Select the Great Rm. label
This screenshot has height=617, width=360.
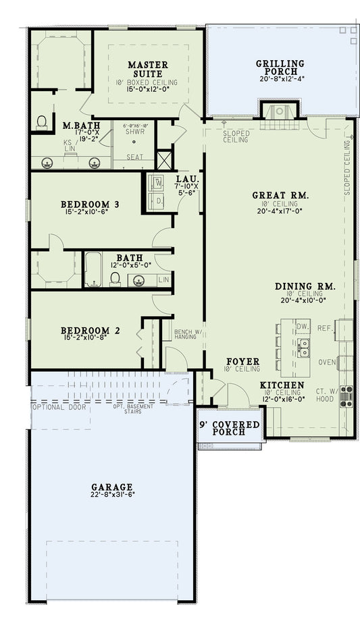280,195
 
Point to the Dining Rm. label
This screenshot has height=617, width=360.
305,286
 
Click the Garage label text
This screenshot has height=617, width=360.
112,487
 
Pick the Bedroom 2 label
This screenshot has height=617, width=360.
91,331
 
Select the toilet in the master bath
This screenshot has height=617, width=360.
42,122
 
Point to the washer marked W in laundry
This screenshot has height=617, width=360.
159,182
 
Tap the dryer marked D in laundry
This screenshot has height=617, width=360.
159,201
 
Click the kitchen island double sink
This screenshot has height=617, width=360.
304,348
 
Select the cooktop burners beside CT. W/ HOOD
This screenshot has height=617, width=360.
346,396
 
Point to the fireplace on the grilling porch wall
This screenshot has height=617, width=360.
276,111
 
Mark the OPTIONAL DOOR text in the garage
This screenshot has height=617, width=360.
57,407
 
